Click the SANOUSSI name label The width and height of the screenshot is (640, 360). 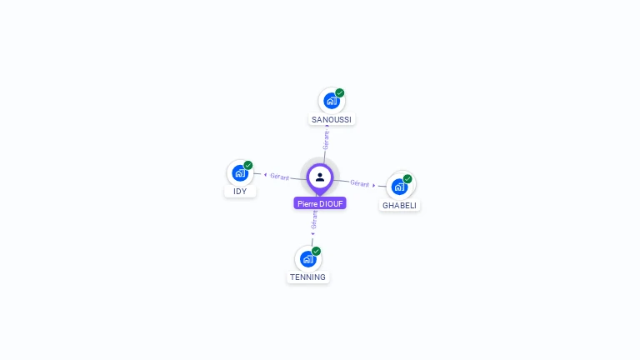click(332, 119)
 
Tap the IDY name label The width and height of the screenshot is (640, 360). click(240, 192)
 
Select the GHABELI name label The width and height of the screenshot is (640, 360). click(399, 205)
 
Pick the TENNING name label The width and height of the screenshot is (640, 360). click(308, 277)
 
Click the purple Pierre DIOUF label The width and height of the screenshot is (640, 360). click(320, 203)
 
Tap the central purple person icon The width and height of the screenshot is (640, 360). click(320, 177)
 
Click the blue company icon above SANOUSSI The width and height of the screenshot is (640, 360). click(332, 101)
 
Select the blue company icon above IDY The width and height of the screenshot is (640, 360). click(240, 173)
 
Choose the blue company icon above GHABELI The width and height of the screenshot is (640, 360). click(399, 187)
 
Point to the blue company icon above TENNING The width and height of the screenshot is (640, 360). click(308, 258)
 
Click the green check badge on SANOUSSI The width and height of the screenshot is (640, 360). click(340, 93)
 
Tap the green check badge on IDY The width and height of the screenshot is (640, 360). click(248, 166)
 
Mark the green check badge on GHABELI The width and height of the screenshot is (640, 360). click(407, 179)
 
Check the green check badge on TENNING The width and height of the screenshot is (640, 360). click(317, 251)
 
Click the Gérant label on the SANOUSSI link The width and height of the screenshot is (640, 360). click(326, 140)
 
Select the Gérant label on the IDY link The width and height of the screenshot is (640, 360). click(279, 177)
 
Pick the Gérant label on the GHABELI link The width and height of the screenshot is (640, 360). click(359, 183)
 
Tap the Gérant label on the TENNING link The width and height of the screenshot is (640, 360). click(314, 219)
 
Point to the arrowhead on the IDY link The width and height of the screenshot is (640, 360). click(265, 175)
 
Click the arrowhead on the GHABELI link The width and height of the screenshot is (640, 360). click(374, 185)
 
